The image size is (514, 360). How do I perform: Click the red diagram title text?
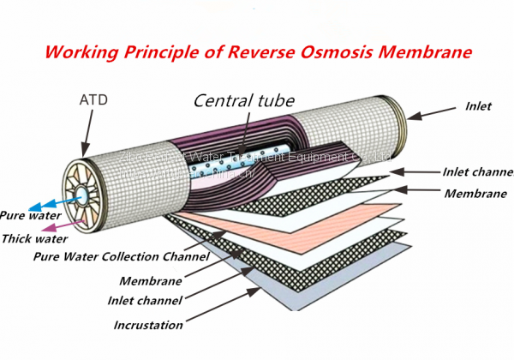click(257, 52)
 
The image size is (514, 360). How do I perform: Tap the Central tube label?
click(241, 99)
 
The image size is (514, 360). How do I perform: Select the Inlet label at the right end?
click(477, 107)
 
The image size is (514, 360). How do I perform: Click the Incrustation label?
click(148, 325)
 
